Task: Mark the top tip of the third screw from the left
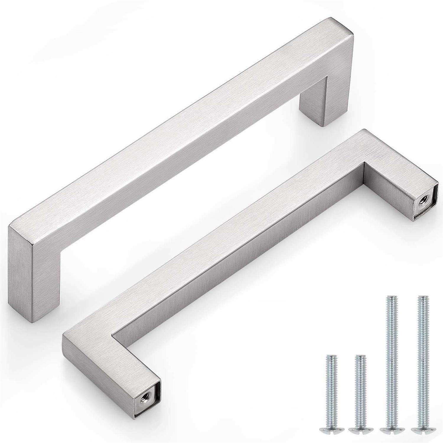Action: coord(391,296)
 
